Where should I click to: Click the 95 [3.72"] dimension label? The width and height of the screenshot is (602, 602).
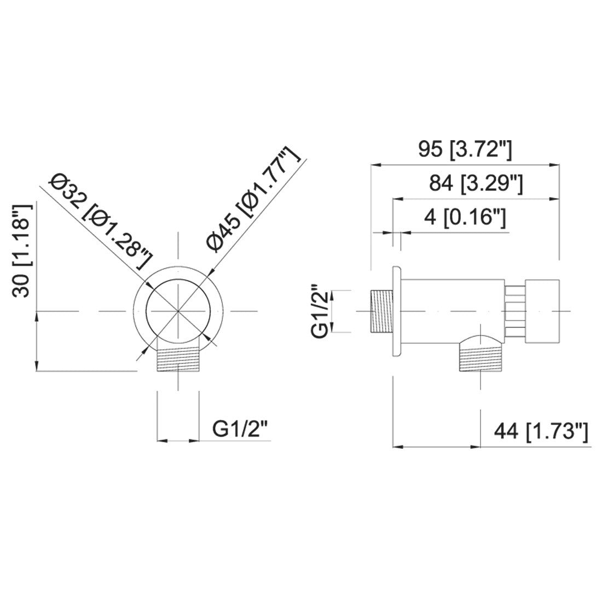[465, 150]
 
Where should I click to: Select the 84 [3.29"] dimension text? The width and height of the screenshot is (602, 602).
[476, 183]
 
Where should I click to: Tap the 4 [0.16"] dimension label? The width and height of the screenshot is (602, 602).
[465, 218]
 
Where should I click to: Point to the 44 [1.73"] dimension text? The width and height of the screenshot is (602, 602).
[541, 432]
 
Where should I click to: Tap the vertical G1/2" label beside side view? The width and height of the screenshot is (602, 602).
[321, 311]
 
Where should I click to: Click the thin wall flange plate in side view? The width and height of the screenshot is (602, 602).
[396, 311]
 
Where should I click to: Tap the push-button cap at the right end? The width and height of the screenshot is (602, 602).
[542, 311]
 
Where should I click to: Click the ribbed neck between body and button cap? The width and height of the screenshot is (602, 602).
[515, 311]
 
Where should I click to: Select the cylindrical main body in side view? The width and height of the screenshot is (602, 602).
[453, 311]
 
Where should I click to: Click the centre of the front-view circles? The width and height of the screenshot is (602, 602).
[178, 311]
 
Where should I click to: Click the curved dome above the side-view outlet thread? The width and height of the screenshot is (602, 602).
[481, 340]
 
